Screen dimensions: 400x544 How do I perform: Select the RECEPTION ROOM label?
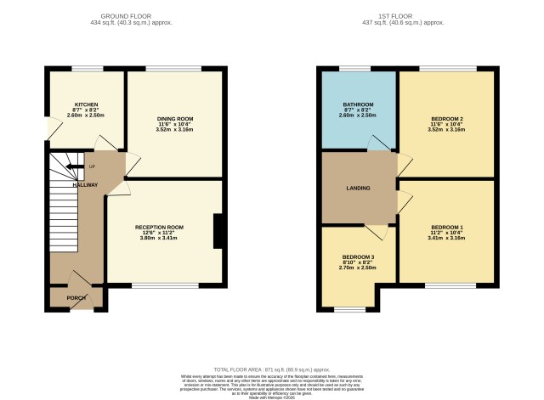tap(159, 228)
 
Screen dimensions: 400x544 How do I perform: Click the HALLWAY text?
tap(85, 184)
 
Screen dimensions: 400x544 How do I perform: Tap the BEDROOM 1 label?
tap(446, 227)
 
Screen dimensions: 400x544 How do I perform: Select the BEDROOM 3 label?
tap(358, 257)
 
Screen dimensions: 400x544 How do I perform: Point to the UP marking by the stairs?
tap(91, 166)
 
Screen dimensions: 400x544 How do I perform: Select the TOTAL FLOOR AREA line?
tap(272, 369)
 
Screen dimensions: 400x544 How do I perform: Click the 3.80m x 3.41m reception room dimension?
tap(159, 239)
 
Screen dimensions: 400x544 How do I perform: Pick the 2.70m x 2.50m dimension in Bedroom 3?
tap(358, 268)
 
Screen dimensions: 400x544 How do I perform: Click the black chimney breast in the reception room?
tap(218, 231)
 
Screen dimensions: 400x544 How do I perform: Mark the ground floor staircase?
tap(63, 212)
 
